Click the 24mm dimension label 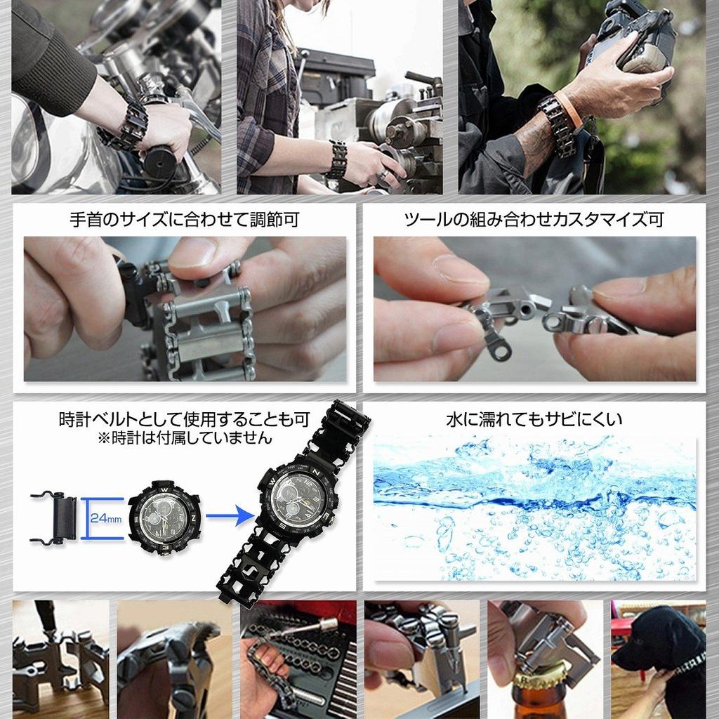106,518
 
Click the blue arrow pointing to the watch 230,516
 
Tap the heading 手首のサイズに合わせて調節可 185,220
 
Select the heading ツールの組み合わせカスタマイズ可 534,220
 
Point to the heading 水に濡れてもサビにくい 534,420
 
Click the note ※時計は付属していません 185,438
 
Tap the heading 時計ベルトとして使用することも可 185,420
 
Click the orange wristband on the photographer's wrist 569,110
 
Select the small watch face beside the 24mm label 164,518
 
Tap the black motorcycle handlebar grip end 160,161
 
